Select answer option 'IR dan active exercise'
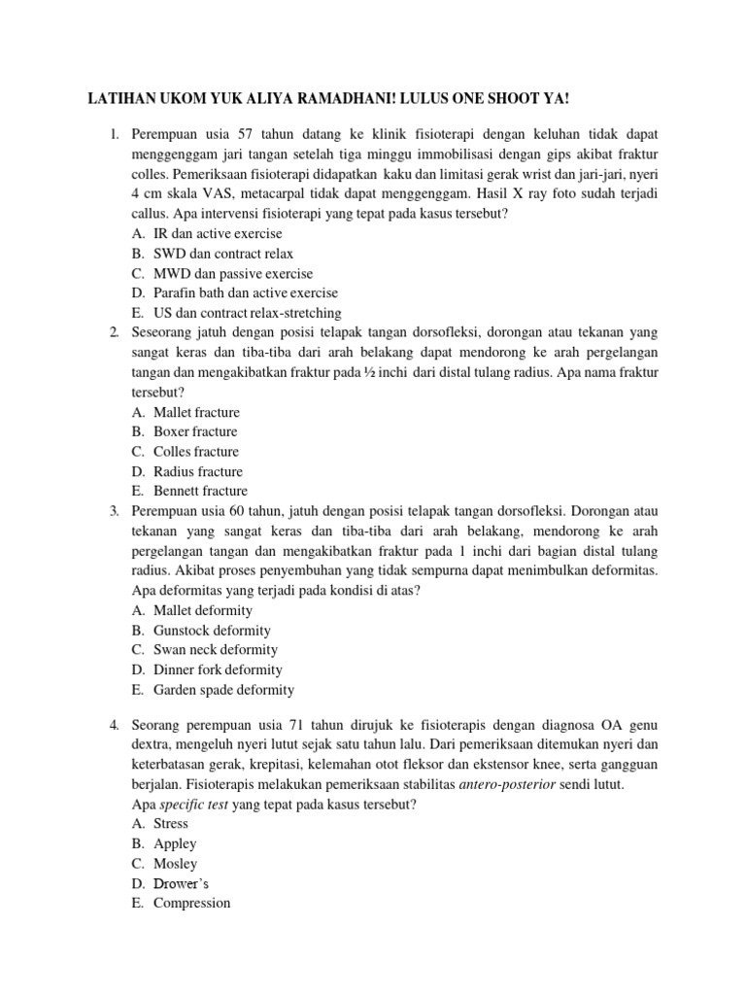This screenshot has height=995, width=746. click(218, 233)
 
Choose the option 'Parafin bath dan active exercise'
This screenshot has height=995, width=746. click(246, 292)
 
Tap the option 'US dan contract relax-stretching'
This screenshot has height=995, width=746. click(248, 312)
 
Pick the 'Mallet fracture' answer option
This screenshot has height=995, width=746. click(196, 412)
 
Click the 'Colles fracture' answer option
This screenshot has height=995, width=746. click(196, 452)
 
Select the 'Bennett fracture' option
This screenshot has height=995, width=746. click(200, 491)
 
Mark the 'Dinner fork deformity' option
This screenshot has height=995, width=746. click(218, 669)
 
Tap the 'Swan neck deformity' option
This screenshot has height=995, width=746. click(216, 649)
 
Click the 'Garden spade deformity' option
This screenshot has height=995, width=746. click(223, 690)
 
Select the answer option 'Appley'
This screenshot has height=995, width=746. click(175, 843)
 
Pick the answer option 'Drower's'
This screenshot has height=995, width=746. click(181, 883)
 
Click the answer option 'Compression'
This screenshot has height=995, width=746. click(192, 903)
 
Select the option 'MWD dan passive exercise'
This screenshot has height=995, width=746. click(233, 273)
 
